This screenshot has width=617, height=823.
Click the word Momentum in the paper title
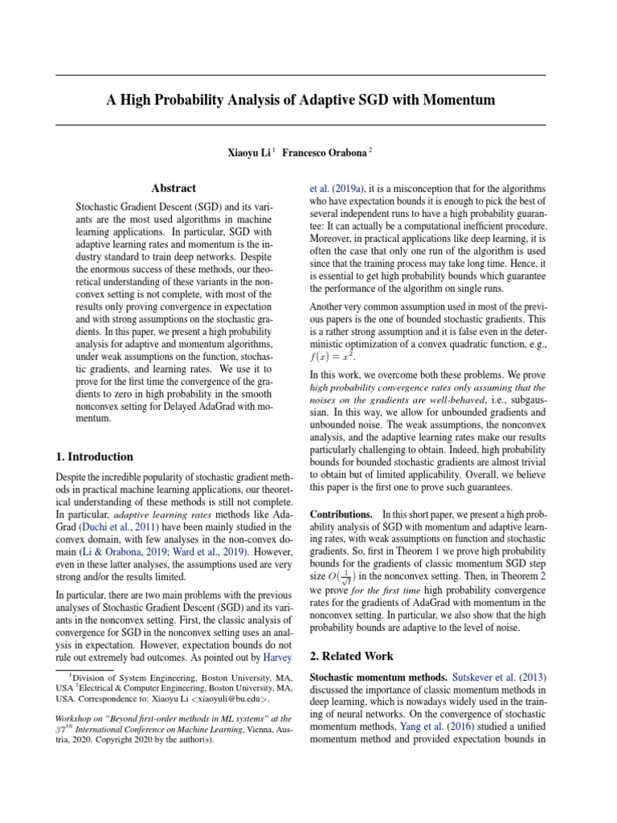pos(461,100)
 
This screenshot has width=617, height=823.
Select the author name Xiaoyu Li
pos(247,151)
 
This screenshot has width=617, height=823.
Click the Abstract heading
pos(174,188)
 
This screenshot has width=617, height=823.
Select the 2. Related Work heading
pos(351,656)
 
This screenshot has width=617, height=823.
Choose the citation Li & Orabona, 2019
pos(122,553)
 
